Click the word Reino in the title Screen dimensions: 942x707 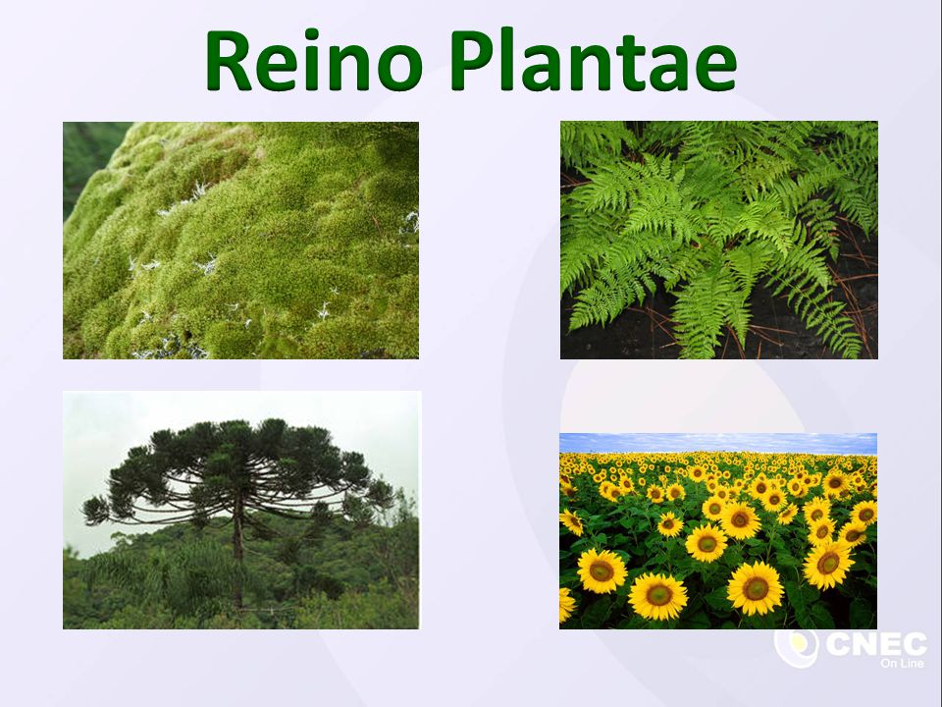[x=314, y=60]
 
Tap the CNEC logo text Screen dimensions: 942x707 [x=876, y=644]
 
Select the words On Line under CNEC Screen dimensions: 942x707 [x=902, y=663]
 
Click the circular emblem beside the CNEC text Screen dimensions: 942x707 [x=796, y=647]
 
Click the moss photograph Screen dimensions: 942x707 [x=241, y=241]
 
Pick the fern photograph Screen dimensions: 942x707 [x=719, y=240]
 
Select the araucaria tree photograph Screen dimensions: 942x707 [x=241, y=510]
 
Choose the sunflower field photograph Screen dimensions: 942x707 [x=718, y=531]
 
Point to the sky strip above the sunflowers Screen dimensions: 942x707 [x=718, y=443]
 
